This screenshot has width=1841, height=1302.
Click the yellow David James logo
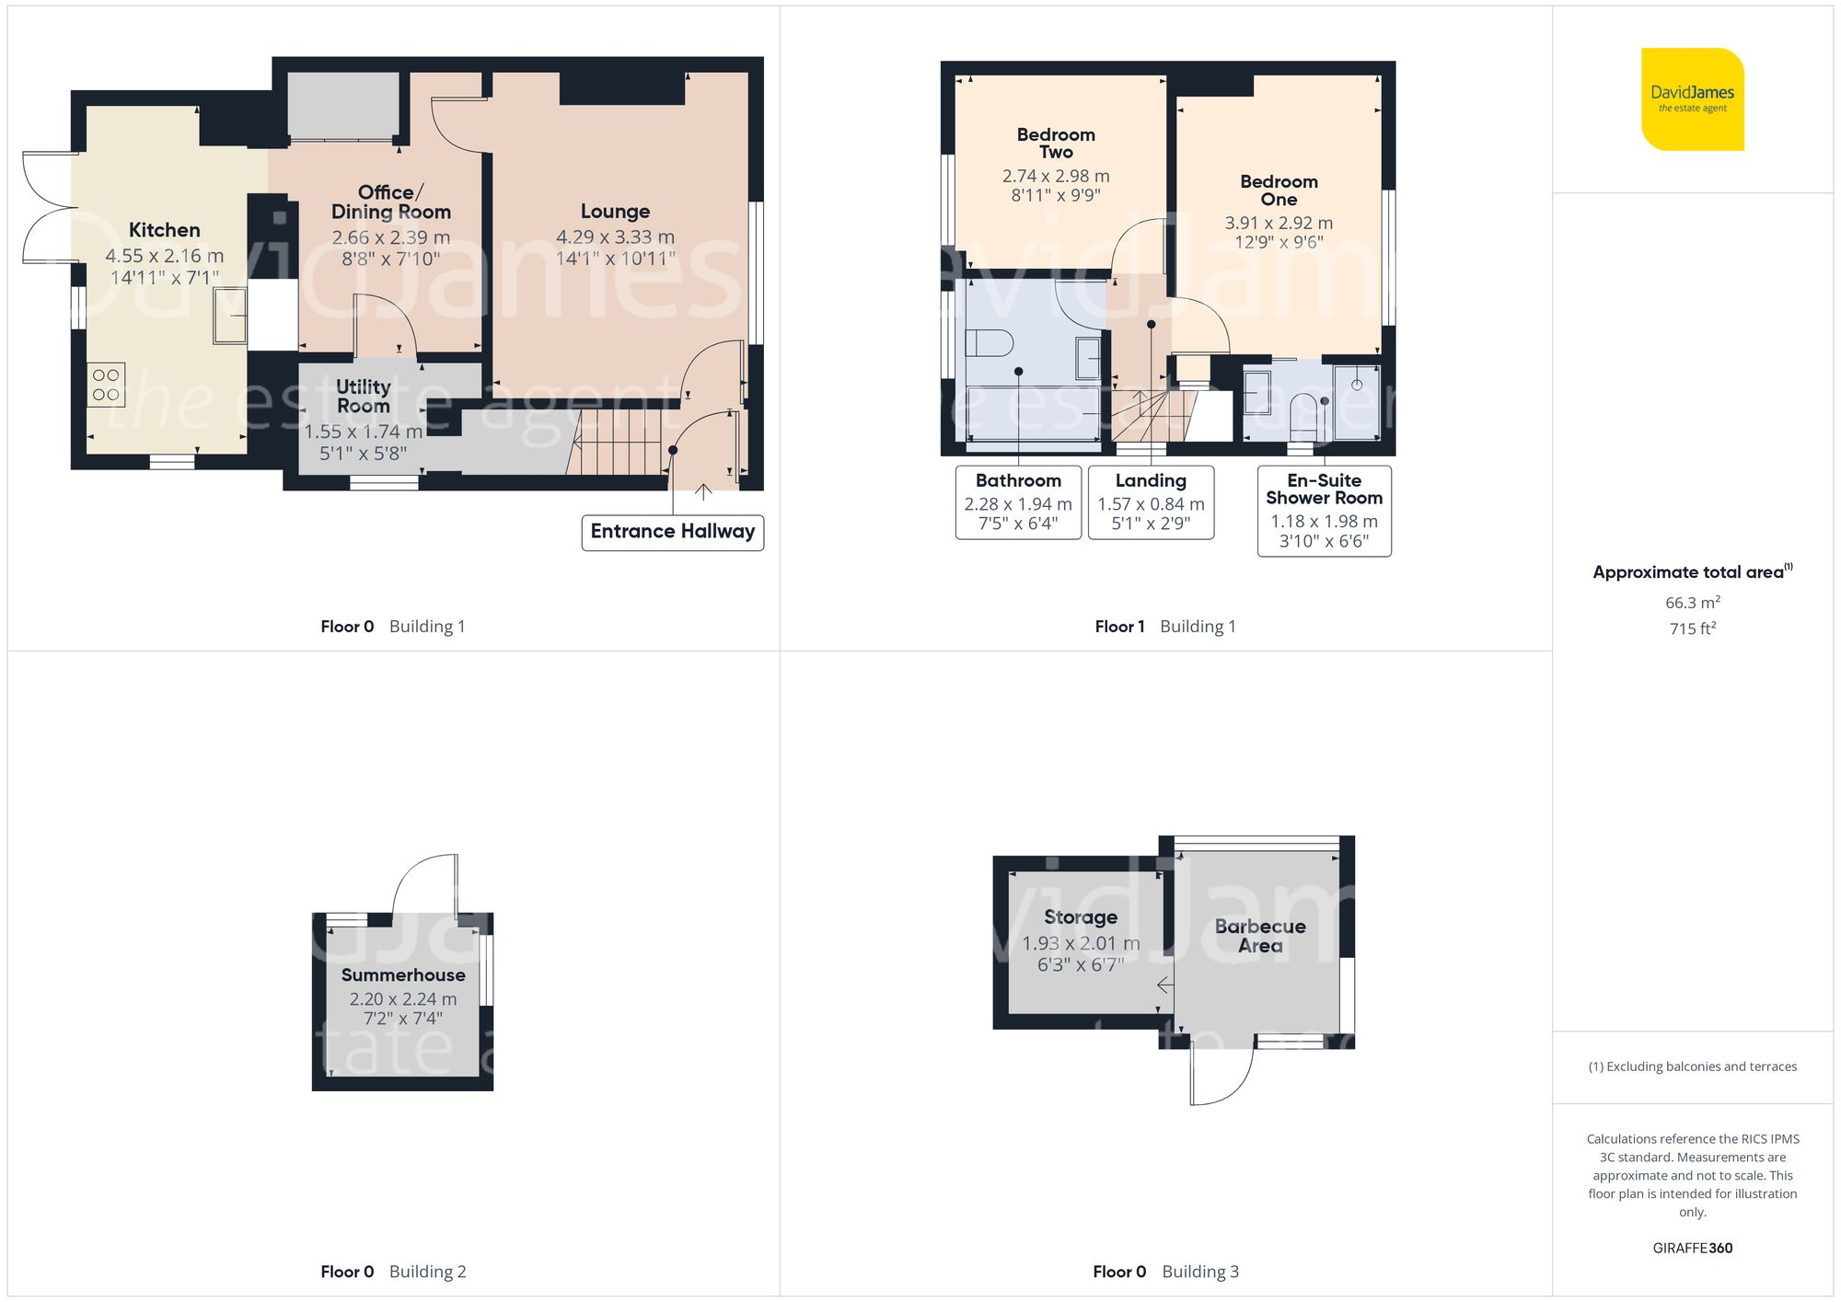pyautogui.click(x=1692, y=99)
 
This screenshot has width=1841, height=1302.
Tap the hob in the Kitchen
pyautogui.click(x=106, y=385)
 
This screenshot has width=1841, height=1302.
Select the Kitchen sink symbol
pyautogui.click(x=230, y=315)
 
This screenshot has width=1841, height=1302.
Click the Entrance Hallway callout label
pyautogui.click(x=672, y=532)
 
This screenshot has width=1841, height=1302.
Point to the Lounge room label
pyautogui.click(x=615, y=212)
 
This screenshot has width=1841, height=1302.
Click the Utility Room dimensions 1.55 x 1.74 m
pyautogui.click(x=363, y=432)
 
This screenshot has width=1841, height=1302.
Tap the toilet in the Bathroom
pyautogui.click(x=988, y=343)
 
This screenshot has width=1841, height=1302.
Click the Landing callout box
pyautogui.click(x=1151, y=501)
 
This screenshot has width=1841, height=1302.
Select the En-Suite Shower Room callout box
pyautogui.click(x=1324, y=510)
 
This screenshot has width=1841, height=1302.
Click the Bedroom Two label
pyautogui.click(x=1056, y=144)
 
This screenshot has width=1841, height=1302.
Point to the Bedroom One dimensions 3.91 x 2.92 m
pyautogui.click(x=1279, y=223)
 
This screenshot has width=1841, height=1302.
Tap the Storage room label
pyautogui.click(x=1081, y=917)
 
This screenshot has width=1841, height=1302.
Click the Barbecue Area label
pyautogui.click(x=1259, y=936)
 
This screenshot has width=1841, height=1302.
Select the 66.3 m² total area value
pyautogui.click(x=1692, y=603)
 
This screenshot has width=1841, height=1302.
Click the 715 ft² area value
pyautogui.click(x=1692, y=628)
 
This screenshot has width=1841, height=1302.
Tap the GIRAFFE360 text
pyautogui.click(x=1692, y=1249)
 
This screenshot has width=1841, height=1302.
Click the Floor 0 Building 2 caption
pyautogui.click(x=393, y=1272)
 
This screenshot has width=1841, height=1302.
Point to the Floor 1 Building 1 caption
pyautogui.click(x=1164, y=627)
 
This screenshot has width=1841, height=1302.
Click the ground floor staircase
pyautogui.click(x=617, y=444)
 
